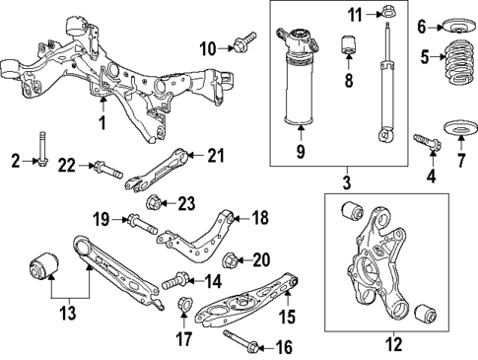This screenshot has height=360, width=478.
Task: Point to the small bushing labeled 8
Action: (x=347, y=45)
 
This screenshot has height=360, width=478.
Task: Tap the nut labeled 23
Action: (x=155, y=205)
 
